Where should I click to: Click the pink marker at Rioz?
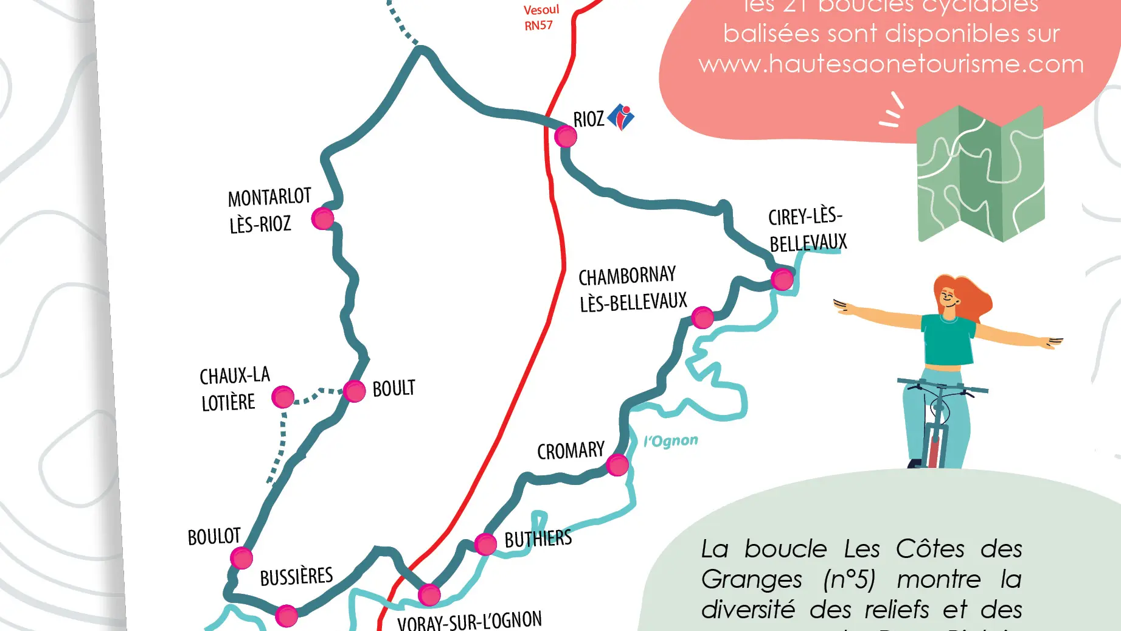(566, 137)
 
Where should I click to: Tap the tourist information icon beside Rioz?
(621, 117)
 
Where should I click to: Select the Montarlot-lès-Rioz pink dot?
(322, 218)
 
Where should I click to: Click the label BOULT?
(394, 388)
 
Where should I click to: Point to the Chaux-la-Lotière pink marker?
(283, 397)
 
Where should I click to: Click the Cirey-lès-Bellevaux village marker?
(782, 279)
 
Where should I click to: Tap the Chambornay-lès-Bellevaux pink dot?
(703, 317)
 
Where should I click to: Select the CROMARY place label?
(571, 451)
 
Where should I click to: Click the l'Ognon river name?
(671, 441)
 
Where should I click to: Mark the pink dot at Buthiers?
(485, 544)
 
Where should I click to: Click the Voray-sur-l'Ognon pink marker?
(429, 595)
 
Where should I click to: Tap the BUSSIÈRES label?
(296, 576)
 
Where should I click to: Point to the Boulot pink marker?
(241, 558)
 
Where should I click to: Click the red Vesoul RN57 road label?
(540, 18)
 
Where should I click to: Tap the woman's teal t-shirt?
(948, 340)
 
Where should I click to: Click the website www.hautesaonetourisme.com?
(891, 64)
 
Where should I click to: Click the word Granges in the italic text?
(751, 579)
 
